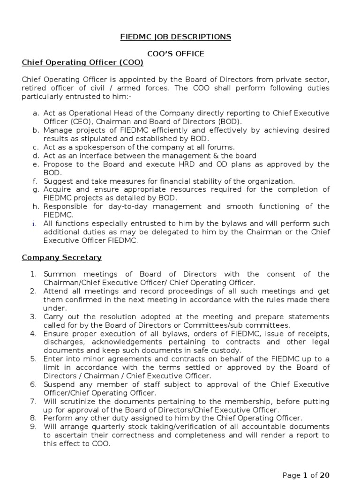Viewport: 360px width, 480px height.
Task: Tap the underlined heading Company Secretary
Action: (61, 258)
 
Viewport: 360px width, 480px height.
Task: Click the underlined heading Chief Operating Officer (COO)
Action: (82, 62)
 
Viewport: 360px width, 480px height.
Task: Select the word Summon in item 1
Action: (59, 274)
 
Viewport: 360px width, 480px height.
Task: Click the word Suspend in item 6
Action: (58, 384)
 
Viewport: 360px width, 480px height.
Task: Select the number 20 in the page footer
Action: (324, 475)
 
